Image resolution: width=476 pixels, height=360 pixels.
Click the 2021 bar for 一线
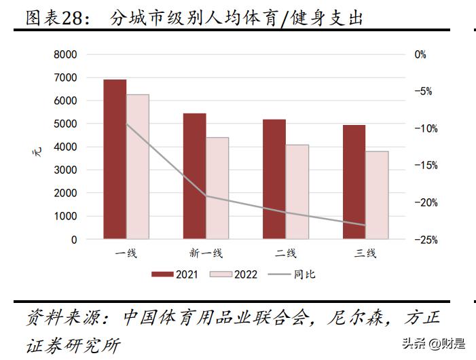tap(115, 160)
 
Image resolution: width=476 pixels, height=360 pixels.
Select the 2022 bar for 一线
tap(138, 167)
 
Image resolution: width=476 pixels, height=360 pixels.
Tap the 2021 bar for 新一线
tap(195, 176)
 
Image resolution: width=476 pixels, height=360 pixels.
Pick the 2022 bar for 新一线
tap(217, 188)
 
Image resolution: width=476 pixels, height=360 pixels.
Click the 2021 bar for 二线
tap(274, 179)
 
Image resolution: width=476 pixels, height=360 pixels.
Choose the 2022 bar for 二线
tap(297, 192)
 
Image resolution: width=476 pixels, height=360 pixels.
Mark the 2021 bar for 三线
tap(354, 182)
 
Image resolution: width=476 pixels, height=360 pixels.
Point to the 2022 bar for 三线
tap(377, 195)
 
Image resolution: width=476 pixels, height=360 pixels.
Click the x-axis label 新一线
tap(206, 253)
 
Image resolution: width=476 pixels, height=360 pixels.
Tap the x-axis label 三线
tap(365, 253)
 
